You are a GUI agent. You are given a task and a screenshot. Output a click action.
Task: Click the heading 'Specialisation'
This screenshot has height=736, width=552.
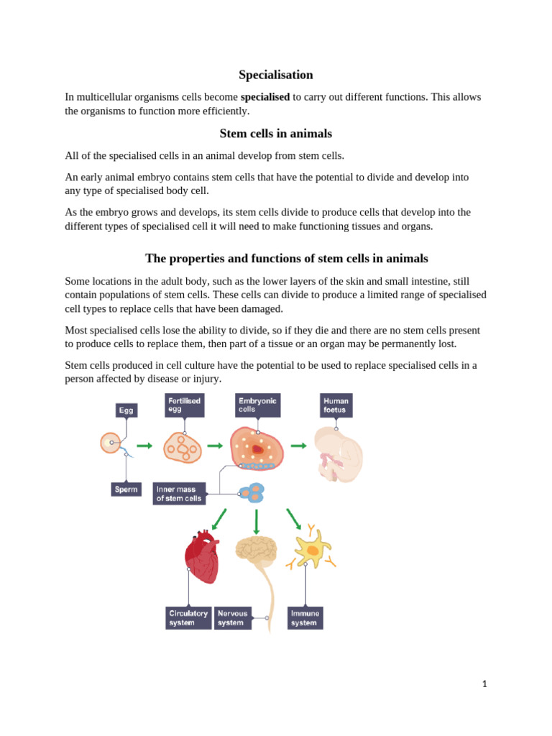(276, 75)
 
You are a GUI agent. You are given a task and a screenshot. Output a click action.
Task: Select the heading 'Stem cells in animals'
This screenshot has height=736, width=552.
(276, 134)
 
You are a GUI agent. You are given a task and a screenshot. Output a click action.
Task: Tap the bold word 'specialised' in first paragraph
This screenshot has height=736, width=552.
(265, 97)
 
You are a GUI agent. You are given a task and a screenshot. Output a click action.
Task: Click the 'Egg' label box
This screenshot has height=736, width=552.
(126, 410)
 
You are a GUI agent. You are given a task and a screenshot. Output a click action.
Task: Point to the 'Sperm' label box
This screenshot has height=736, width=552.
(126, 489)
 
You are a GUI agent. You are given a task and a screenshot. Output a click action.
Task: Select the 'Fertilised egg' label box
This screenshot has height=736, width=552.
(185, 405)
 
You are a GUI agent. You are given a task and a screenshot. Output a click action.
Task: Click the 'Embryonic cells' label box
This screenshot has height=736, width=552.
(257, 405)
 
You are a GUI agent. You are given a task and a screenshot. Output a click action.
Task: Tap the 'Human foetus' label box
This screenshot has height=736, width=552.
(336, 405)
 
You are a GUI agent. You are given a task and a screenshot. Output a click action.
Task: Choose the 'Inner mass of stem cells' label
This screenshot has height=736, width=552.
(179, 494)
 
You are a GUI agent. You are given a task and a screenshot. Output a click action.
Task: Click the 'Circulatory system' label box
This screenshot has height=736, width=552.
(188, 618)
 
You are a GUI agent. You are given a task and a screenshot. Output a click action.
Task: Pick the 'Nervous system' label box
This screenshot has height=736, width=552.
(233, 618)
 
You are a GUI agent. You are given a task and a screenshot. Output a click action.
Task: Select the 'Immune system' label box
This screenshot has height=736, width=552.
(305, 618)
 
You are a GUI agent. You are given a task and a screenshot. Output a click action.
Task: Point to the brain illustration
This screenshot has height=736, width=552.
(257, 551)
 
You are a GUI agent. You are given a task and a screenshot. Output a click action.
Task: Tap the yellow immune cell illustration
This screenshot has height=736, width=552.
(312, 551)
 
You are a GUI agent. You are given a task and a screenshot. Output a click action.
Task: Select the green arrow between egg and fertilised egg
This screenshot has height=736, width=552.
(144, 446)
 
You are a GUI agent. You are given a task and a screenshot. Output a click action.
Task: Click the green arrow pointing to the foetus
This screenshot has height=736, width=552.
(299, 446)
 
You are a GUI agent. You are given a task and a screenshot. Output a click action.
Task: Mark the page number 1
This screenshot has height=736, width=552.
(484, 684)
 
